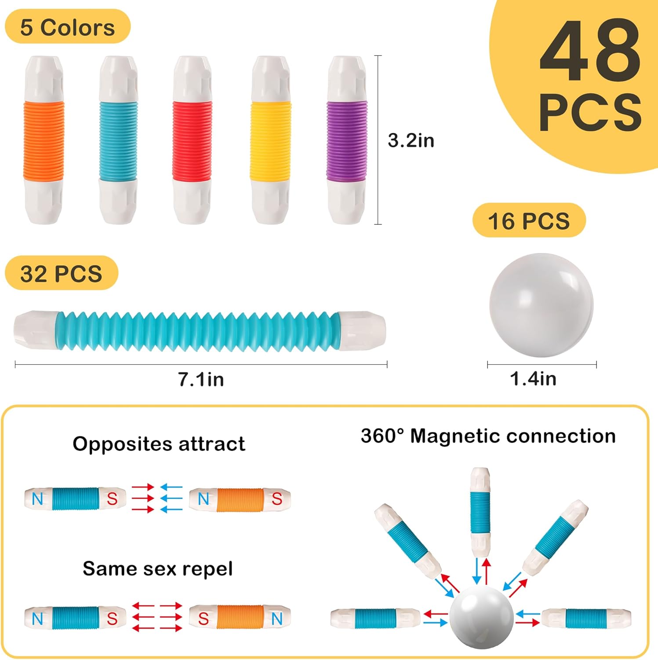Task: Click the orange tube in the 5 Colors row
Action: pyautogui.click(x=44, y=140)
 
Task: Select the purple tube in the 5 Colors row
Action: pyautogui.click(x=347, y=140)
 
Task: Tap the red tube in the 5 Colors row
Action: pyautogui.click(x=193, y=140)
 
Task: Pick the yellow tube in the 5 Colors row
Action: pyautogui.click(x=271, y=140)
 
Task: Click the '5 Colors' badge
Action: pyautogui.click(x=68, y=27)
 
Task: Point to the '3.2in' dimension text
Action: pyautogui.click(x=411, y=140)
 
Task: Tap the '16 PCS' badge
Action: pyautogui.click(x=529, y=220)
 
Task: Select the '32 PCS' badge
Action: pyautogui.click(x=62, y=273)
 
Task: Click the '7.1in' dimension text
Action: pyautogui.click(x=201, y=379)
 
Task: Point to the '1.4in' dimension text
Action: pyautogui.click(x=533, y=378)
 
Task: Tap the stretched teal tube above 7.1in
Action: pyautogui.click(x=200, y=331)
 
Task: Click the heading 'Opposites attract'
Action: pyautogui.click(x=159, y=444)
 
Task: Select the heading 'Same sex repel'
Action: pyautogui.click(x=158, y=568)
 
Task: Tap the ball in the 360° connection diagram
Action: pyautogui.click(x=481, y=616)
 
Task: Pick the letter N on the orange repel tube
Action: pyautogui.click(x=277, y=619)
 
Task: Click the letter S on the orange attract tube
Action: pyautogui.click(x=277, y=499)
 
